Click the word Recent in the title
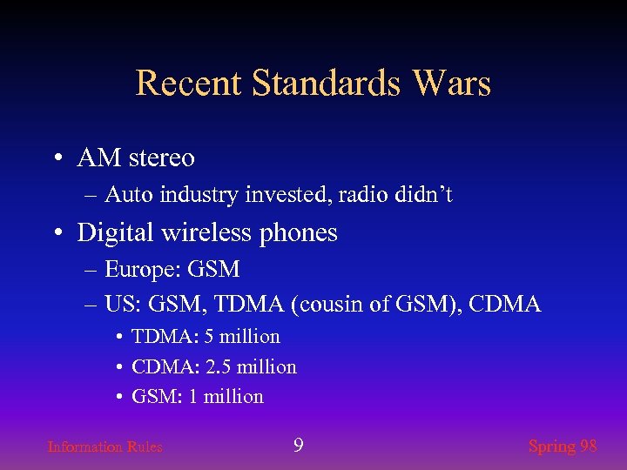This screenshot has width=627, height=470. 189,84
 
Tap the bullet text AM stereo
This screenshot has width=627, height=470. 136,158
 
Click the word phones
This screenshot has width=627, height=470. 299,233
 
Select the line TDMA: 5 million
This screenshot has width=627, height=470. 206,337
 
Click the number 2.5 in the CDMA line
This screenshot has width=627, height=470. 216,367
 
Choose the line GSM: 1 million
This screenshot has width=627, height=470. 197,397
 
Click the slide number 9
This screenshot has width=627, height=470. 298,446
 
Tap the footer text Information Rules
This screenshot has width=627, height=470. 104,447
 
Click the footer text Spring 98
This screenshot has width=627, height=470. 563,446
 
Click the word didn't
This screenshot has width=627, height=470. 426,195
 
